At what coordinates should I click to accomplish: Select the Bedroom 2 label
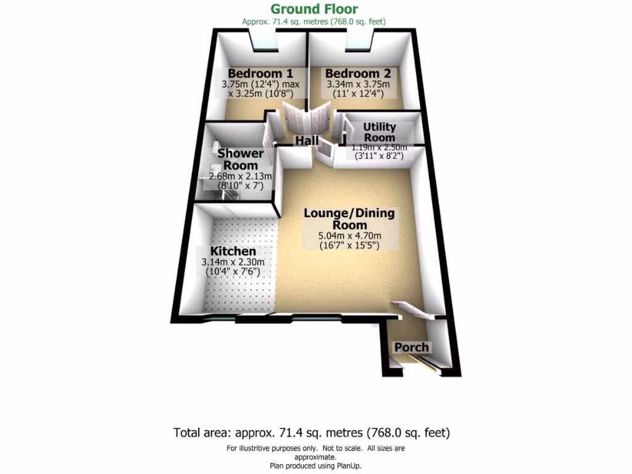(x=359, y=72)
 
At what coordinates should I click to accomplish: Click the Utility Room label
(x=380, y=132)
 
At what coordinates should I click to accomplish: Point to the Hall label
(x=307, y=141)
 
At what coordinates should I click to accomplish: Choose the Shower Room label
(x=241, y=159)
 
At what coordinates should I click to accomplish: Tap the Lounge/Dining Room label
(x=349, y=219)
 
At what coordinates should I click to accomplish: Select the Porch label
(x=412, y=347)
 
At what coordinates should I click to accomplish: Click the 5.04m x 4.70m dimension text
(x=349, y=235)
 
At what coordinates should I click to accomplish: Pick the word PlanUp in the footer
(x=347, y=465)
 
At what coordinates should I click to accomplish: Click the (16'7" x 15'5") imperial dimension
(x=349, y=245)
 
